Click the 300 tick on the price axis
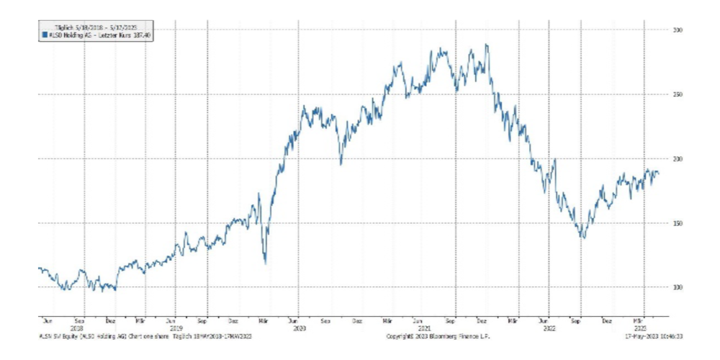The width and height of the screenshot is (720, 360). (x=678, y=30)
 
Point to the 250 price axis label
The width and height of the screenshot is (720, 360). (x=678, y=94)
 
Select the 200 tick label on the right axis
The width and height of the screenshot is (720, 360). (x=678, y=158)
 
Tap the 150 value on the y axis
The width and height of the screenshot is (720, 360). (x=678, y=223)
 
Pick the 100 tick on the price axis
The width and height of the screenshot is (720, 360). (x=678, y=287)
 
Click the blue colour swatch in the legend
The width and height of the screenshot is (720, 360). (x=44, y=34)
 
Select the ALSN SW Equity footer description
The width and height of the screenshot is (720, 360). (x=144, y=336)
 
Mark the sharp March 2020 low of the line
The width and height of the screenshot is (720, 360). (x=265, y=263)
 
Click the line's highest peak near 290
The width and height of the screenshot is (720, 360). (x=487, y=45)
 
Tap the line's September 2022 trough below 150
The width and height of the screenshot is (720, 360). (x=582, y=238)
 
